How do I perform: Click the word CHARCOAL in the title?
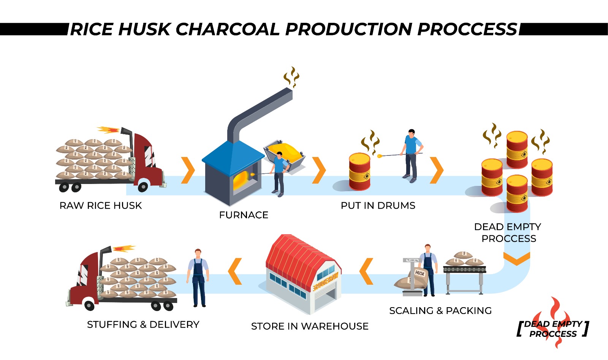coord(227,29)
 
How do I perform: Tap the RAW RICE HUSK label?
coord(100,206)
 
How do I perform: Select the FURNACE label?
coord(244,215)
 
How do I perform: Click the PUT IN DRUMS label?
coord(378,206)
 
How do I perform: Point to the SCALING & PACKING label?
coord(440,311)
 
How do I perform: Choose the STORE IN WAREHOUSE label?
coord(310,326)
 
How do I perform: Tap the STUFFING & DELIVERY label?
coord(143,324)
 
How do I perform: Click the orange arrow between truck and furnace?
coord(188,170)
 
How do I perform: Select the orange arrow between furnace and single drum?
coord(319,170)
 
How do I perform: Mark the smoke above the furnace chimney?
coord(291,77)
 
